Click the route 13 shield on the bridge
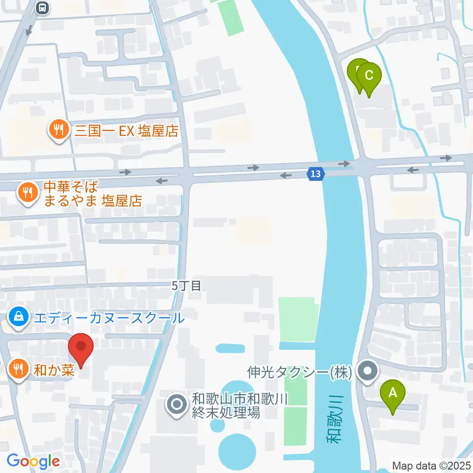[315, 173]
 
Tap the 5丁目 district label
[187, 285]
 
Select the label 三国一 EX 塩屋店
[125, 131]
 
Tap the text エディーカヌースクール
[108, 318]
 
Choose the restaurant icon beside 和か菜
[19, 369]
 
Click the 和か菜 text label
[54, 369]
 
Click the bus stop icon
[43, 7]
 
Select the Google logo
[33, 461]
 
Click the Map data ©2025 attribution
[432, 465]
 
